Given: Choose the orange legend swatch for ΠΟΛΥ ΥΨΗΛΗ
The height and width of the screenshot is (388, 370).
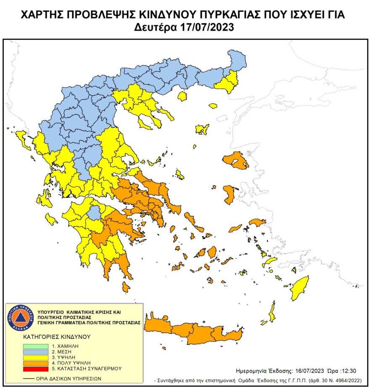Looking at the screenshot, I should point(35,363).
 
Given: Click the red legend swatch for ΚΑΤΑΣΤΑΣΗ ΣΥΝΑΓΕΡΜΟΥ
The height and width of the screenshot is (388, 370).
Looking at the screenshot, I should point(35,369).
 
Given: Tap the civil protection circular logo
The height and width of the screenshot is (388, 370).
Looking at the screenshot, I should point(18,317).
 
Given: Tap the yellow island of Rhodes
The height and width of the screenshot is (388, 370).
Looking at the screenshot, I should point(300,288).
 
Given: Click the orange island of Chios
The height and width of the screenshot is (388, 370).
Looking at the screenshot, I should point(230,194).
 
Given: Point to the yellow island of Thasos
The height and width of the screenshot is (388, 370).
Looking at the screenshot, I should point(182,97).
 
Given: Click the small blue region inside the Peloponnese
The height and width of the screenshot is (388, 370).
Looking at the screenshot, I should point(95,213).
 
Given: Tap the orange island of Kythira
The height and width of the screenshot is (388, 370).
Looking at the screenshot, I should point(126,287).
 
